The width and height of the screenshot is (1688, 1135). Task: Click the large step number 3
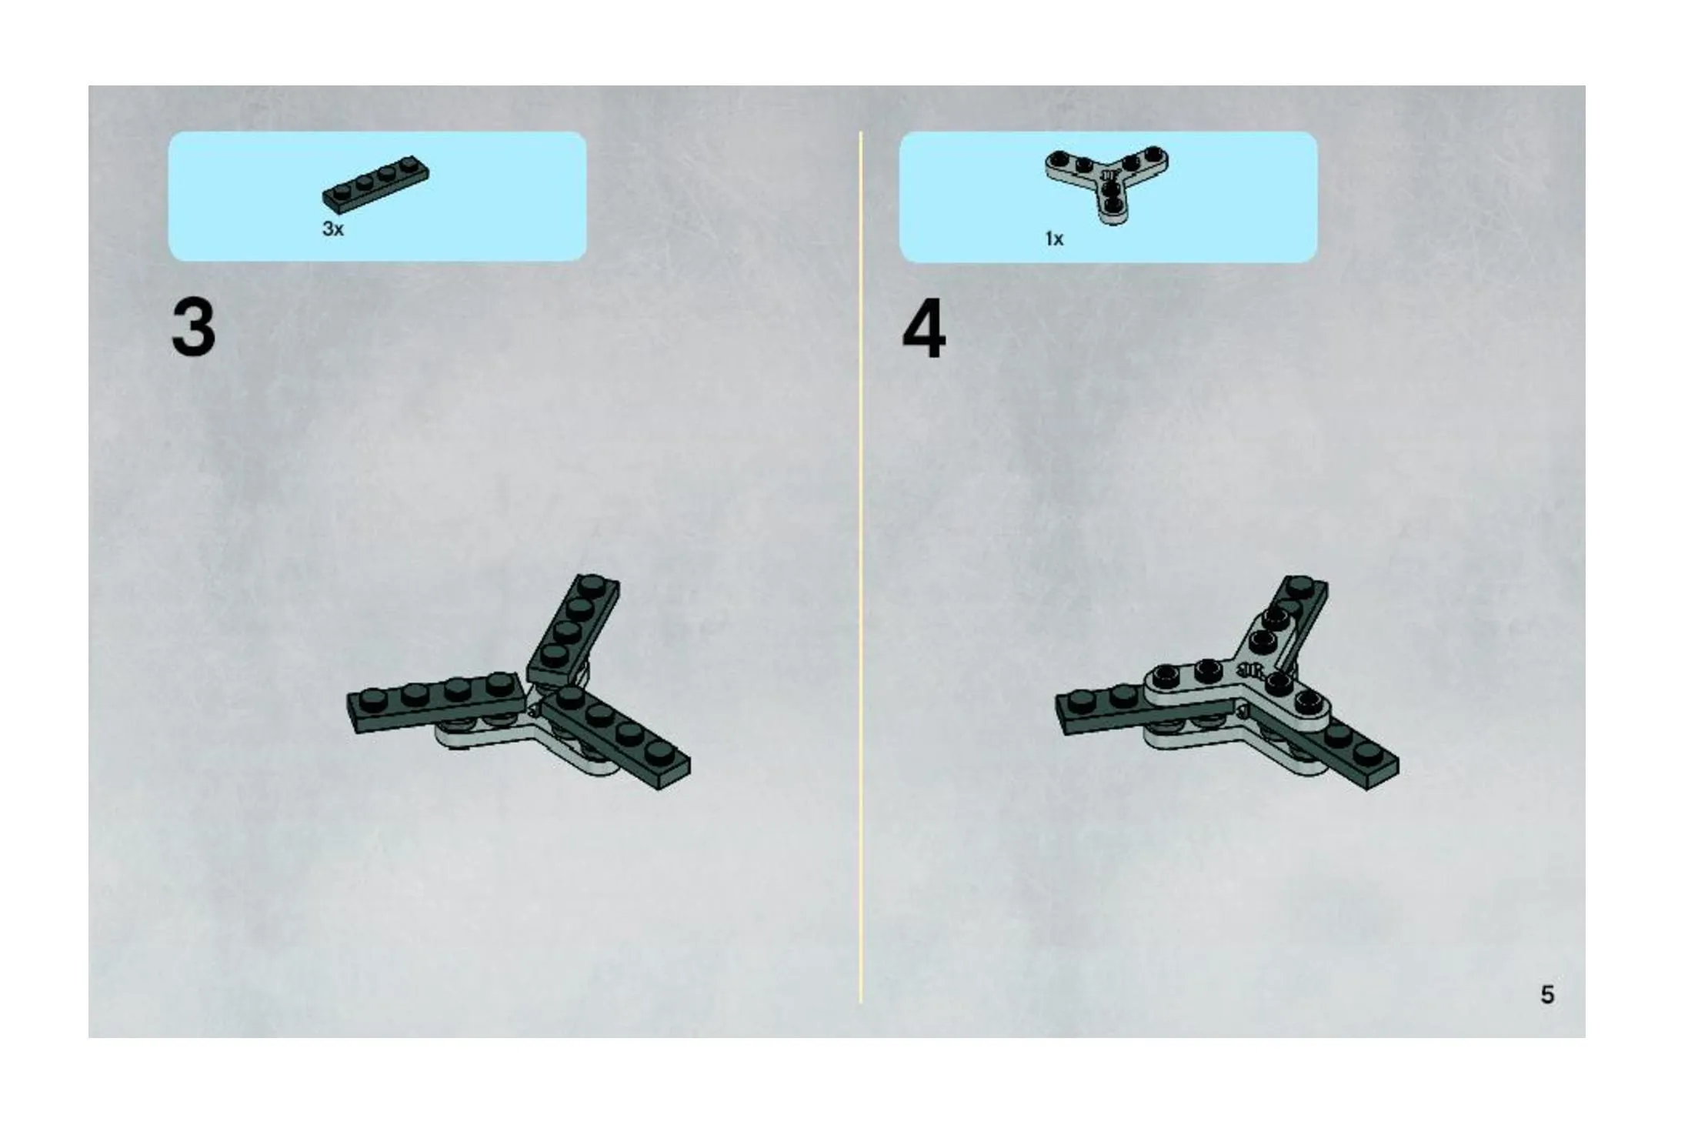(x=193, y=329)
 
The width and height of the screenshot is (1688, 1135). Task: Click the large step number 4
(x=924, y=329)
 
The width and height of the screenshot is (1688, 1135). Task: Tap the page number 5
(x=1547, y=995)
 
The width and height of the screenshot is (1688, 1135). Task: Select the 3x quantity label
(x=333, y=229)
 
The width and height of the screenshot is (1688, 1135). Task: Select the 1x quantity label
(x=1054, y=239)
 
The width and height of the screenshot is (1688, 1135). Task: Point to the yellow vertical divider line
(x=861, y=567)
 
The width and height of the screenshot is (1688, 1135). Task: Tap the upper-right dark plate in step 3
(x=573, y=629)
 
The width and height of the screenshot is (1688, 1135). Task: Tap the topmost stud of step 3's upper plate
(x=592, y=586)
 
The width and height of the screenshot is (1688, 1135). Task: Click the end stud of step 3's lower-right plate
(x=658, y=752)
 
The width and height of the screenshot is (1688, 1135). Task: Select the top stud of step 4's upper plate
(x=1300, y=586)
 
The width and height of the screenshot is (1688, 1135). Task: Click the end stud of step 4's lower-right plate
(x=1366, y=753)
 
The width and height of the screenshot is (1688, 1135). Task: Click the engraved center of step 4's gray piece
(x=1251, y=671)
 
